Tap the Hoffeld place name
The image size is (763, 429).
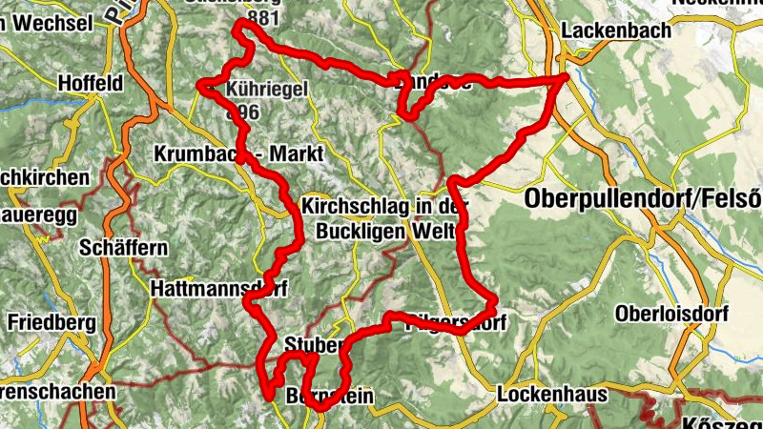tap(91, 84)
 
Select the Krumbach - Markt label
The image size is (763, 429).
tap(238, 153)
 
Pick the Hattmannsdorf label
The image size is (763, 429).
tap(218, 286)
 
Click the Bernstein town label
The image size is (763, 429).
tap(328, 397)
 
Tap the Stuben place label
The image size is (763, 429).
tap(309, 343)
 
